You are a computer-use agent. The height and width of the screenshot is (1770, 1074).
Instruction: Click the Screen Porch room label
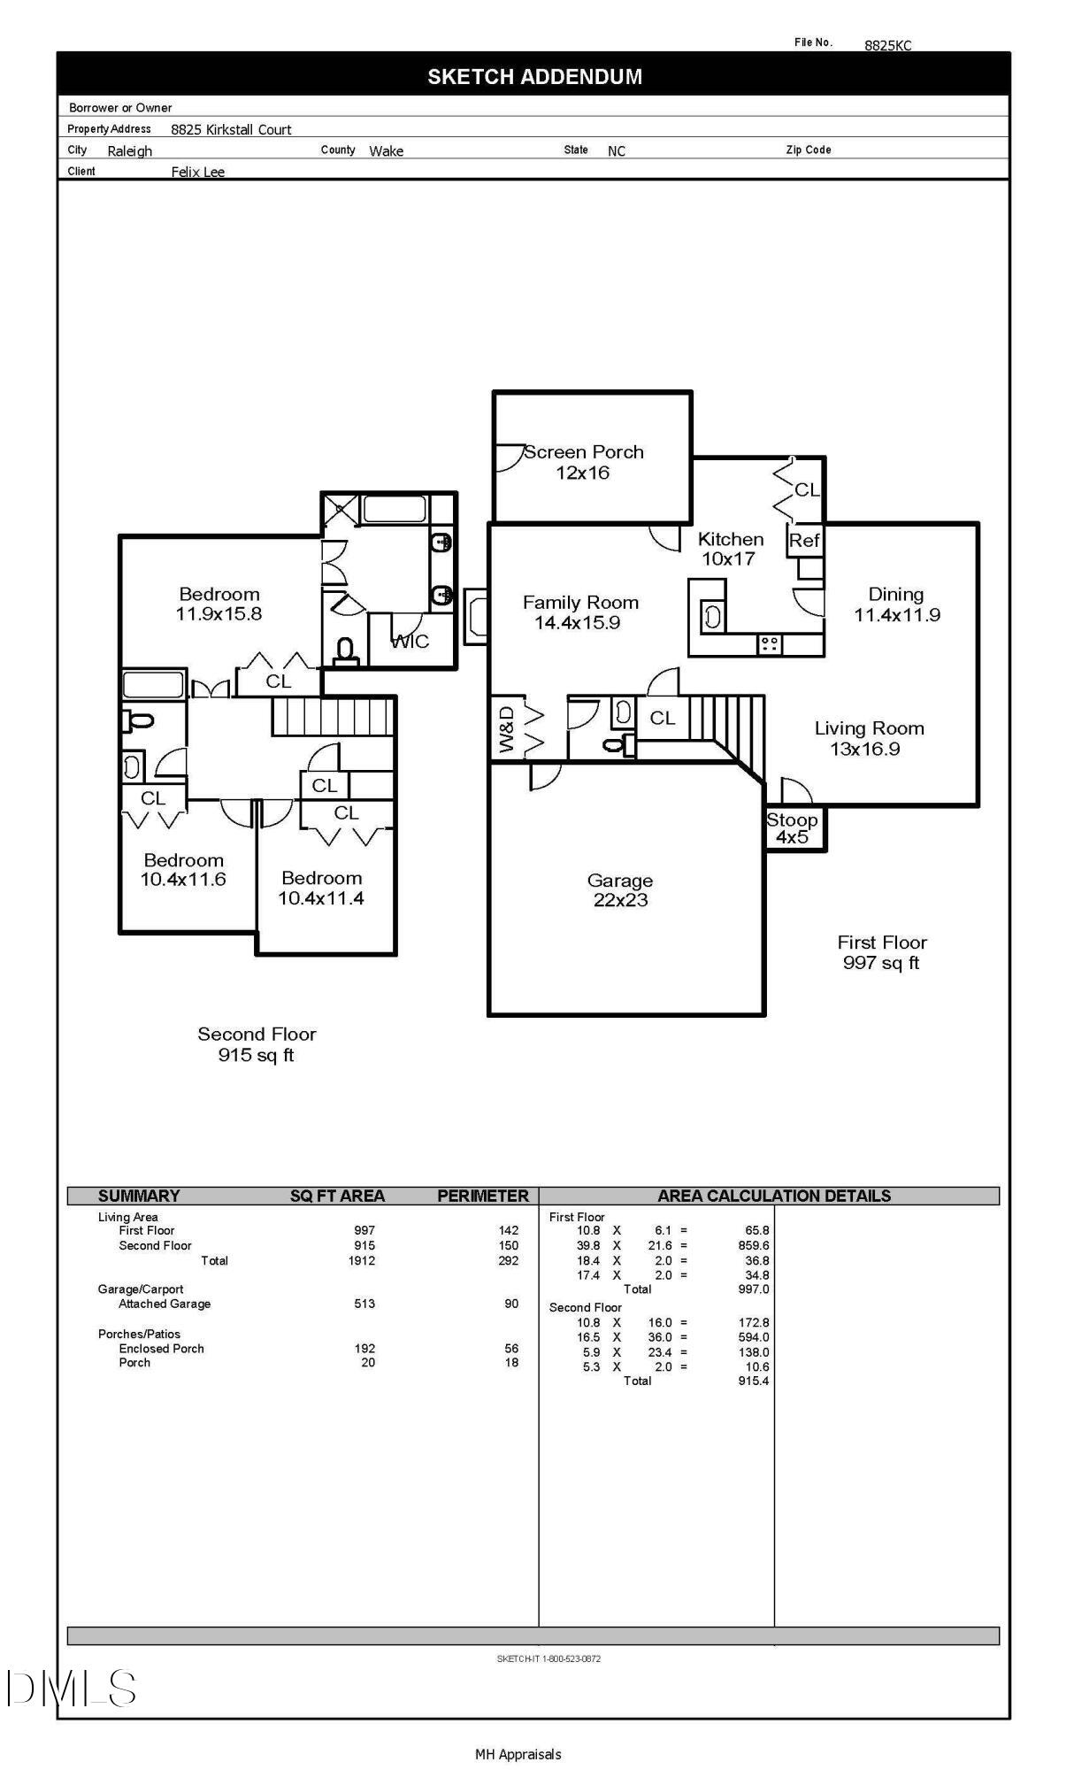coord(583,462)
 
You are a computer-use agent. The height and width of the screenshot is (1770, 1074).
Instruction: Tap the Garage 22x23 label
coord(620,890)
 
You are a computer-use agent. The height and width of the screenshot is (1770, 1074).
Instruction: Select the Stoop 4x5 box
coord(794,828)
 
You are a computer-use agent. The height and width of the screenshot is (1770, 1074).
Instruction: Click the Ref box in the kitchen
coord(804,541)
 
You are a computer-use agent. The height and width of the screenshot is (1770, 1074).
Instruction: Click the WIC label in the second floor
coord(410,642)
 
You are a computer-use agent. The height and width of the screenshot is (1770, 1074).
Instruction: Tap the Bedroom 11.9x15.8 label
coord(219,604)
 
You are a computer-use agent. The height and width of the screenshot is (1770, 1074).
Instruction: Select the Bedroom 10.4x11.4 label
coord(321,888)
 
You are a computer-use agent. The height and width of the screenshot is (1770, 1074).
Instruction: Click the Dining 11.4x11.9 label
coord(896,604)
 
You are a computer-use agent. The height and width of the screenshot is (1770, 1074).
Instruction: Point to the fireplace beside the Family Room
coord(476,617)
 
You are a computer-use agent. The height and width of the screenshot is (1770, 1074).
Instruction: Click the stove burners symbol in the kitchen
coord(769,643)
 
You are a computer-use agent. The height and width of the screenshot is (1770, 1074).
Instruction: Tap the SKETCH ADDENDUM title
coord(534,77)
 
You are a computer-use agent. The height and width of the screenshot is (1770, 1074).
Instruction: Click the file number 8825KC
coord(887,45)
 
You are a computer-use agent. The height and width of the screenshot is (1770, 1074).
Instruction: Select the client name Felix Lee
coord(198,172)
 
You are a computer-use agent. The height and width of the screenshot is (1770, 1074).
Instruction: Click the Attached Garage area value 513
coord(364,1304)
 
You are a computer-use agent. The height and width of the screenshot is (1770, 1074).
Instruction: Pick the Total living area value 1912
coord(362,1260)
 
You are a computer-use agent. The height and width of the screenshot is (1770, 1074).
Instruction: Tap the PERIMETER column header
coord(482,1196)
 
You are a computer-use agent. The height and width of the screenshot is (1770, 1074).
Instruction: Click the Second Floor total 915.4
coord(753,1381)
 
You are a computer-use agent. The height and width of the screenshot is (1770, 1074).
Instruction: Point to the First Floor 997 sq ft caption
coord(881,952)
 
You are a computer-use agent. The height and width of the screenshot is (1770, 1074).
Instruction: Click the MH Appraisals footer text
coord(518,1754)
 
